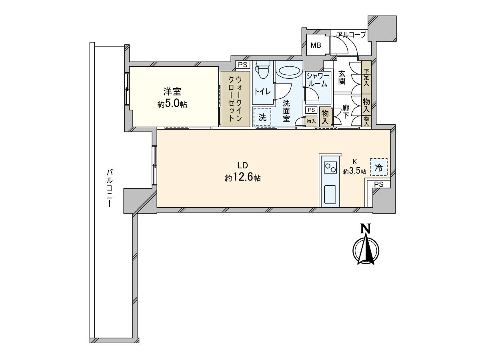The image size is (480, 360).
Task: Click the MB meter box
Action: point(316,45)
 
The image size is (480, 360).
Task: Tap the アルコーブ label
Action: point(351,35)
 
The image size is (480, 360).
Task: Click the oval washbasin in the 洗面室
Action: point(289,71)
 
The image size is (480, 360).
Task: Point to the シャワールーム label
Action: point(318,80)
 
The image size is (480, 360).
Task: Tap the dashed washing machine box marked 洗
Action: point(262,118)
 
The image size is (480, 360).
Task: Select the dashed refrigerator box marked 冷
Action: point(378,167)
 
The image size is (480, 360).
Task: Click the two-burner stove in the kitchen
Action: point(330,167)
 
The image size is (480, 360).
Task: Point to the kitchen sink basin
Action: point(330,194)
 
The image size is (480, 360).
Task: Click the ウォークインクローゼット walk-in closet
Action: point(235,99)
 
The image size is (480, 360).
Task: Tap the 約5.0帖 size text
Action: point(172,104)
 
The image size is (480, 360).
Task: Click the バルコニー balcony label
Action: point(108,188)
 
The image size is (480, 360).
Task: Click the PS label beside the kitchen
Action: point(379,184)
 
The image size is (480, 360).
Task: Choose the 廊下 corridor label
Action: point(346,112)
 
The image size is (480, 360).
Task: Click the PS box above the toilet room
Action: point(242,65)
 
